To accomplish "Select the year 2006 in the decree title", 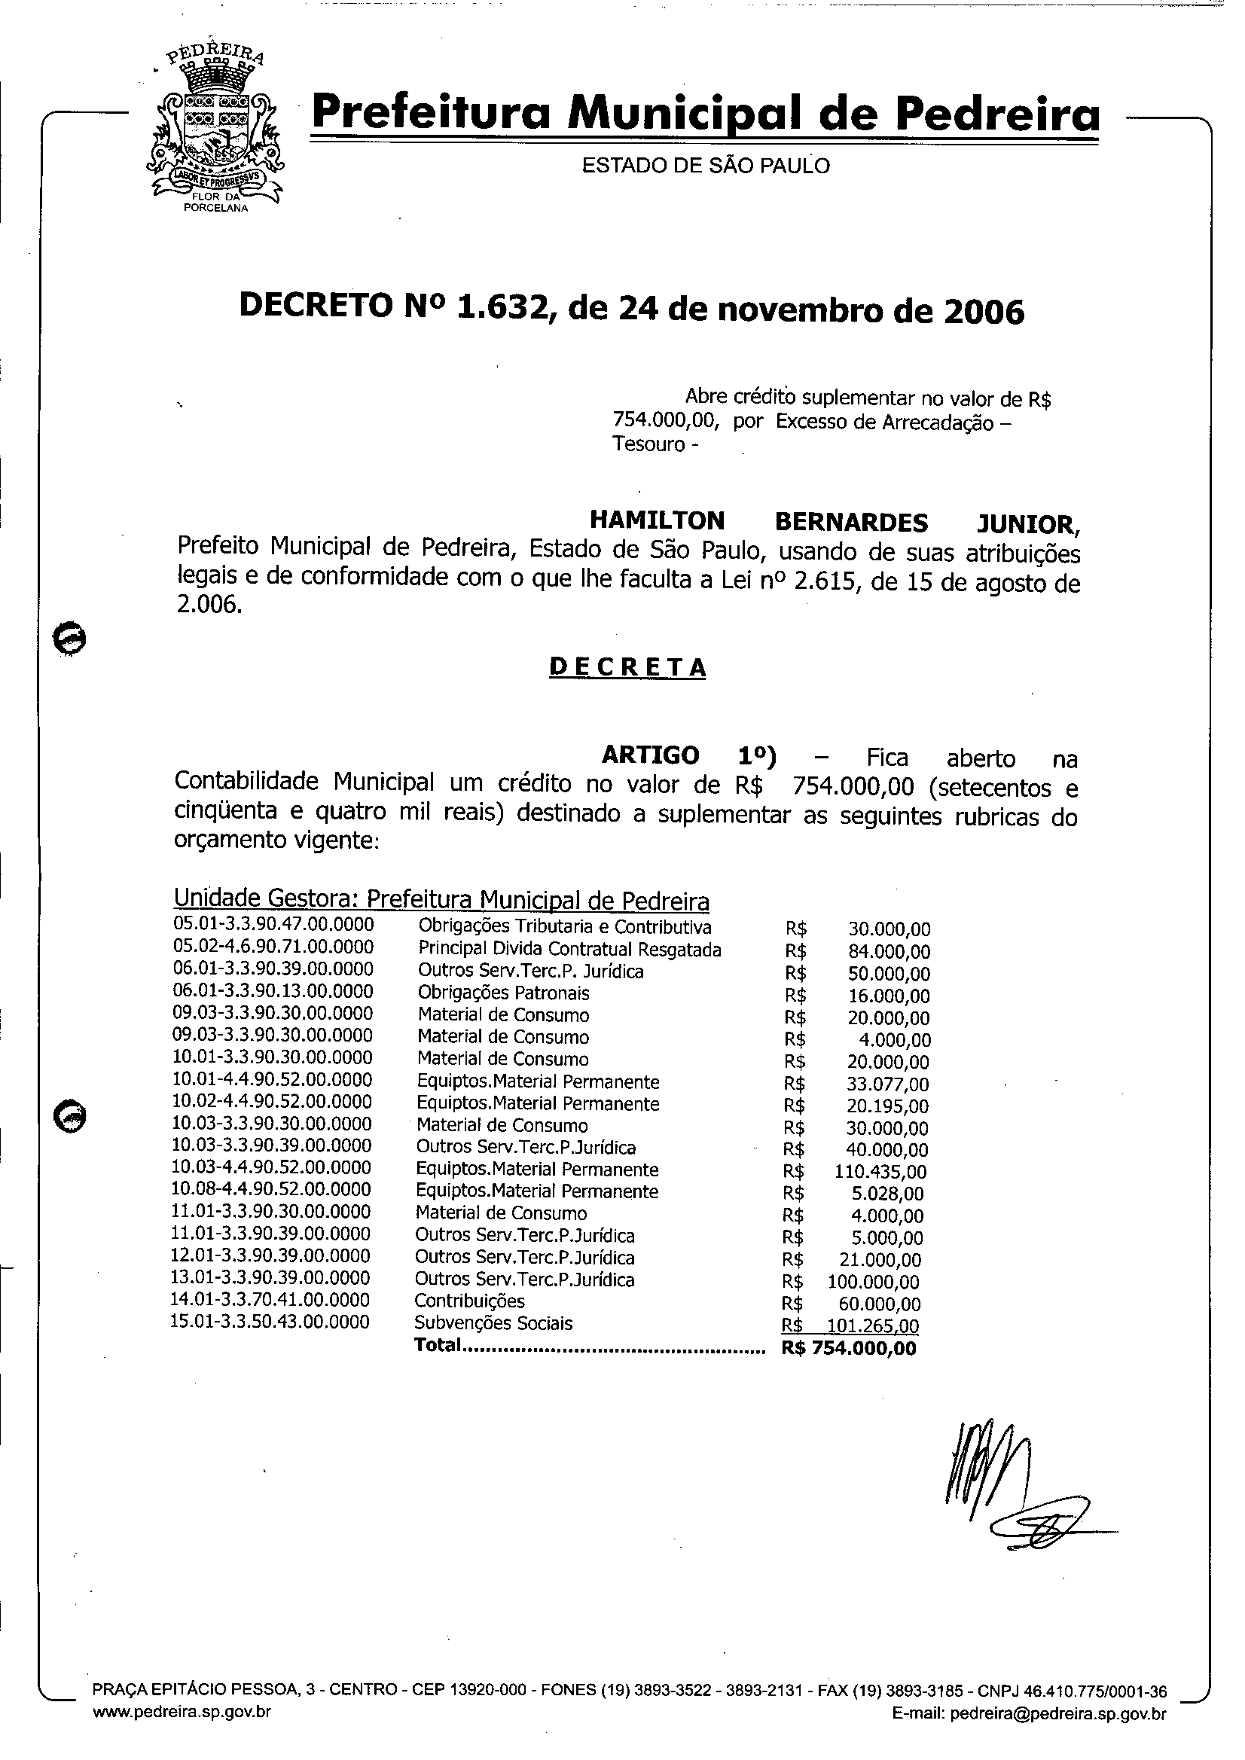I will coord(984,311).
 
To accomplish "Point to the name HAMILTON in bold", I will coord(656,520).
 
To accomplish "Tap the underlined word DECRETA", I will coord(627,668).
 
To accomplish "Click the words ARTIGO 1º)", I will coord(688,756).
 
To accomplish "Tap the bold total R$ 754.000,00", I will coord(849,1348).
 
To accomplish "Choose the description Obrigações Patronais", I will coord(503,993).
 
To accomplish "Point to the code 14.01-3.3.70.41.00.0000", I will coord(270,1300).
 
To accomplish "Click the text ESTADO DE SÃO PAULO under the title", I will coord(705,166).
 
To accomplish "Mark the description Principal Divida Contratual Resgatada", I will coord(569,950).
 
